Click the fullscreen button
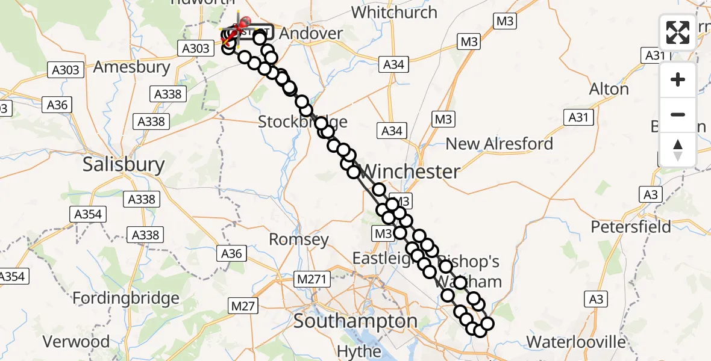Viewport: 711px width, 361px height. click(678, 32)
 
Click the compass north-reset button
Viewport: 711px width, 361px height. click(678, 150)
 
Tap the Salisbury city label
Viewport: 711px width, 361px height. click(124, 164)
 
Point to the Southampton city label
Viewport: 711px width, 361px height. click(355, 321)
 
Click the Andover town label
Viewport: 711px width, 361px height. click(311, 34)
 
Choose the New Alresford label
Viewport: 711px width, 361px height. click(500, 144)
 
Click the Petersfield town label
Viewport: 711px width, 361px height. click(631, 227)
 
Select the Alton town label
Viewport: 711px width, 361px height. click(609, 89)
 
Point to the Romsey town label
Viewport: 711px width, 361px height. click(299, 239)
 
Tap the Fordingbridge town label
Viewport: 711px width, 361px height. click(126, 298)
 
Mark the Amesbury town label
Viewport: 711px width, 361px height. click(132, 67)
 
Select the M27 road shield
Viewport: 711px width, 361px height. click(243, 306)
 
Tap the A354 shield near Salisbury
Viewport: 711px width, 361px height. click(89, 215)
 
